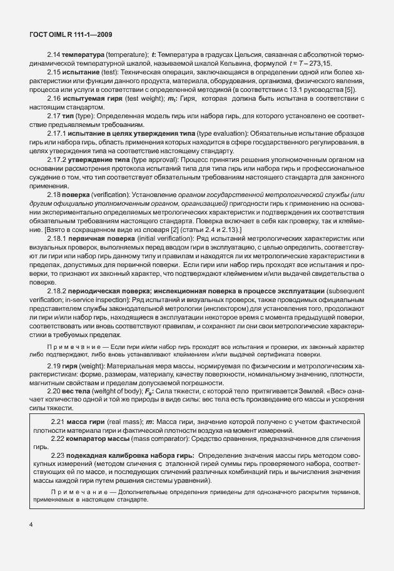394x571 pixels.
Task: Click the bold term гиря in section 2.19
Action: pyautogui.click(x=71, y=364)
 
